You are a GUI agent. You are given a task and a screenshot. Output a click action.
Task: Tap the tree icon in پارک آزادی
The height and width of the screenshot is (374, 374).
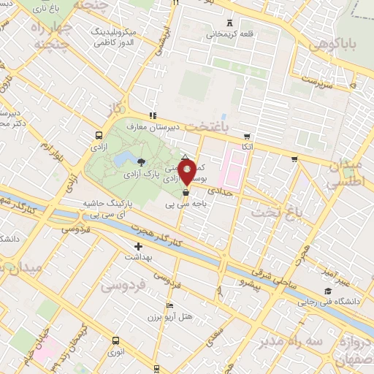[141, 162]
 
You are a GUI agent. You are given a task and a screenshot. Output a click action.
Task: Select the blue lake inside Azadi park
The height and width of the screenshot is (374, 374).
[118, 159]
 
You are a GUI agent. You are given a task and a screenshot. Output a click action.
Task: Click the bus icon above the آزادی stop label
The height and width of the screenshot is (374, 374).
[99, 135]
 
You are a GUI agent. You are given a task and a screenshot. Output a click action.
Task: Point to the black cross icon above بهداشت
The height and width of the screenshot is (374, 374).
[138, 246]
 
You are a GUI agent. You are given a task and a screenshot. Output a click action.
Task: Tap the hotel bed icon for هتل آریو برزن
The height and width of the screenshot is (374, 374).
[170, 305]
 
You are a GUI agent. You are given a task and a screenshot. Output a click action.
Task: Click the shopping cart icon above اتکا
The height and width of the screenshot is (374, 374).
[247, 136]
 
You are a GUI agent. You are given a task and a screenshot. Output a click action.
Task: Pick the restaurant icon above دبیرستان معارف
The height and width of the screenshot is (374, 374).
[152, 115]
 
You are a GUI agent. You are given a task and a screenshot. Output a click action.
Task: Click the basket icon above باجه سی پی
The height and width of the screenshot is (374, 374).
[186, 193]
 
